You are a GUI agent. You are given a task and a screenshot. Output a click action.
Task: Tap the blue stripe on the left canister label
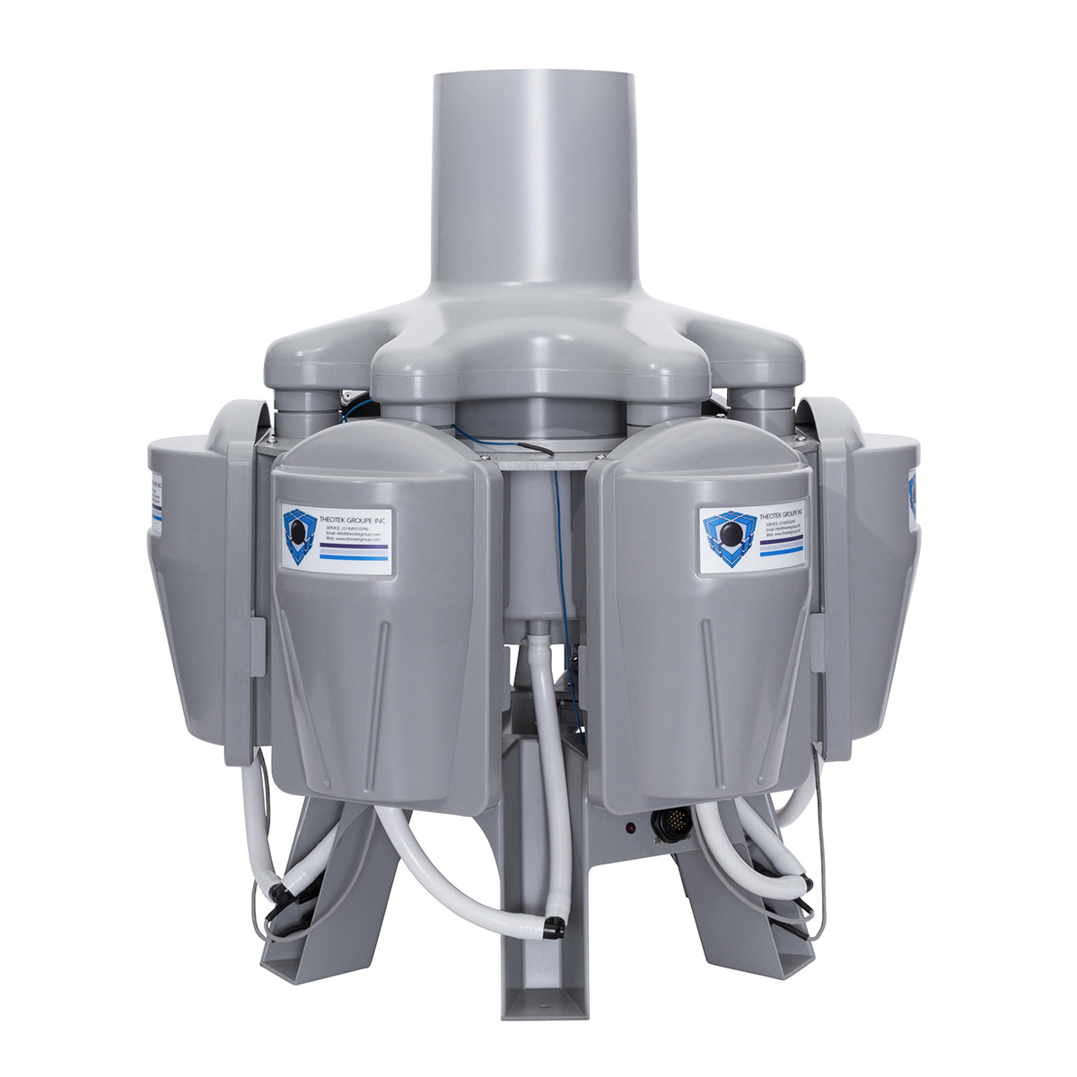(353, 556)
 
